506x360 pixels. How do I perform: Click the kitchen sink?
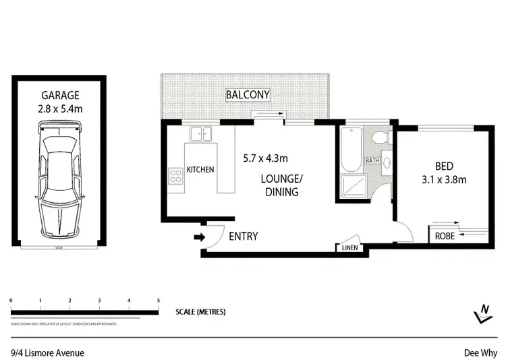tap(200, 135)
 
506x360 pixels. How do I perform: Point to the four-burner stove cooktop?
tap(176, 177)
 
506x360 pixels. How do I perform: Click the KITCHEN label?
tap(200, 169)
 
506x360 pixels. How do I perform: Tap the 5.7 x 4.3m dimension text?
tap(266, 159)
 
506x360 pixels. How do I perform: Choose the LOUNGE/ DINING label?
tap(280, 185)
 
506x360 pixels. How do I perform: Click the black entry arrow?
tap(199, 237)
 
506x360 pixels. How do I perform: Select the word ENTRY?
tap(244, 237)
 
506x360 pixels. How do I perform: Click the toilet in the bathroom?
tap(380, 138)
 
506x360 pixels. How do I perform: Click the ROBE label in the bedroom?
tap(444, 236)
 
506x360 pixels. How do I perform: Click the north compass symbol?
tap(482, 311)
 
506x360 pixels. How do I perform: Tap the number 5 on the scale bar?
tap(158, 299)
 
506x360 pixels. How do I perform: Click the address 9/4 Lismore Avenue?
tap(47, 351)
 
